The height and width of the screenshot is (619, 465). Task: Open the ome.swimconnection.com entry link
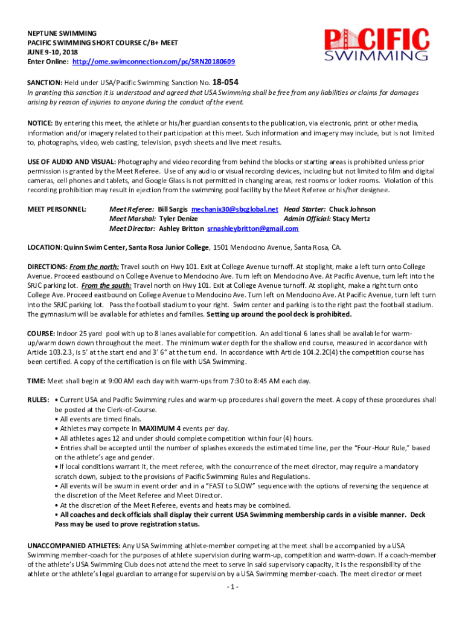click(153, 62)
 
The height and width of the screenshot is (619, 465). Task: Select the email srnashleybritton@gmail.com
click(252, 228)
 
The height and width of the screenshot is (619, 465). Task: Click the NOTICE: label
click(40, 123)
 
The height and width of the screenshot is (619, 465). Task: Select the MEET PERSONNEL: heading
click(57, 209)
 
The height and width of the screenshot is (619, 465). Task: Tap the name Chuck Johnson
click(351, 209)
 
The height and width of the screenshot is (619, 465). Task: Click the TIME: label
click(35, 381)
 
